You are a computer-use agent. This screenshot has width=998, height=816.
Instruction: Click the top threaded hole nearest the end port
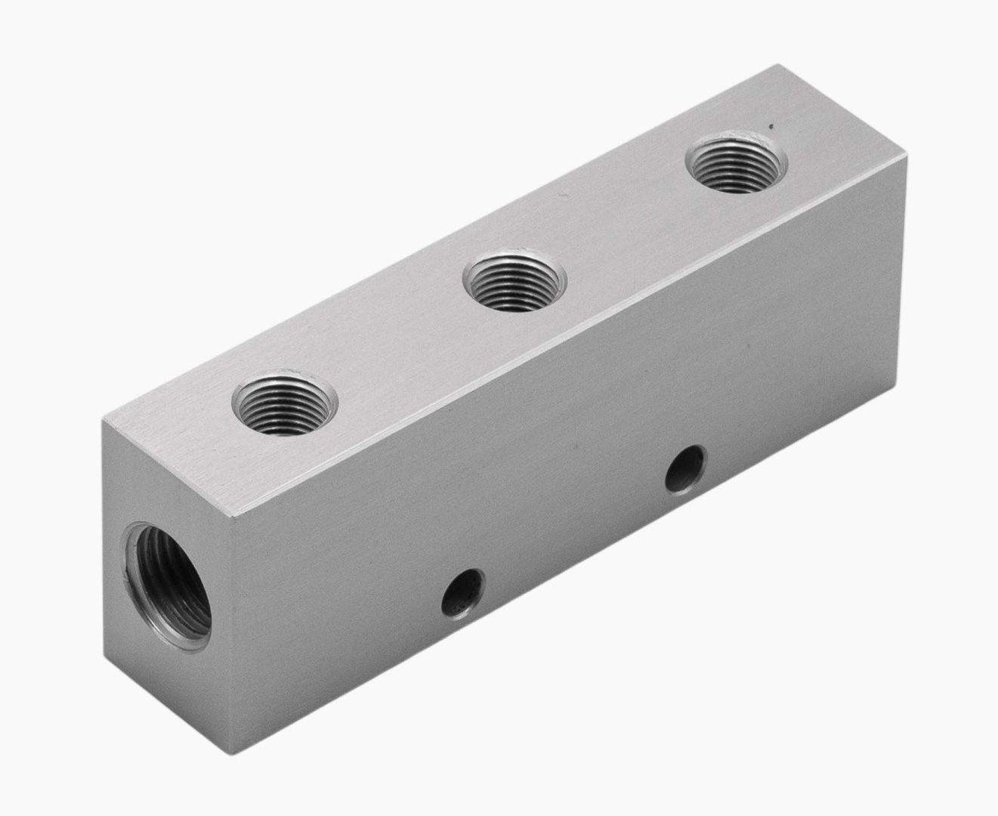pyautogui.click(x=284, y=406)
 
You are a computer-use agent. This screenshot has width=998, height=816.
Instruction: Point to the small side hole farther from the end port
pyautogui.click(x=685, y=468)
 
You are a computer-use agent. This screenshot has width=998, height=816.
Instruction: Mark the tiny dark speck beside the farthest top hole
pyautogui.click(x=771, y=126)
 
